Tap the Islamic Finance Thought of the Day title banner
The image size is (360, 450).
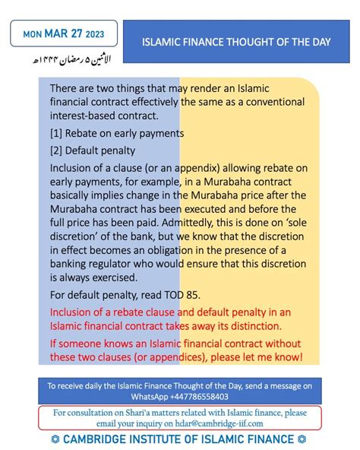[x=236, y=42]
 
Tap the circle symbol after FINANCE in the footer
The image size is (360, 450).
[x=302, y=439]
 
